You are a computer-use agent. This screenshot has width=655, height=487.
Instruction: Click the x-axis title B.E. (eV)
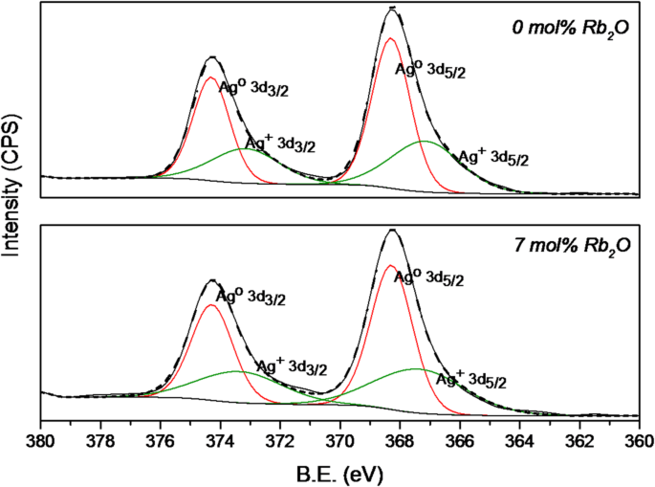coord(338,472)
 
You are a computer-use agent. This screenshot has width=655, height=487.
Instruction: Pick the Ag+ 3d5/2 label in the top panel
coord(494,156)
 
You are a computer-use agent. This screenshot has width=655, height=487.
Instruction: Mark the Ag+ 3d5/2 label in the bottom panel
coord(470,380)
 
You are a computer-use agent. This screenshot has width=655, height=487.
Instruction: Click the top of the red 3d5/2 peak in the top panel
coord(390,39)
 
